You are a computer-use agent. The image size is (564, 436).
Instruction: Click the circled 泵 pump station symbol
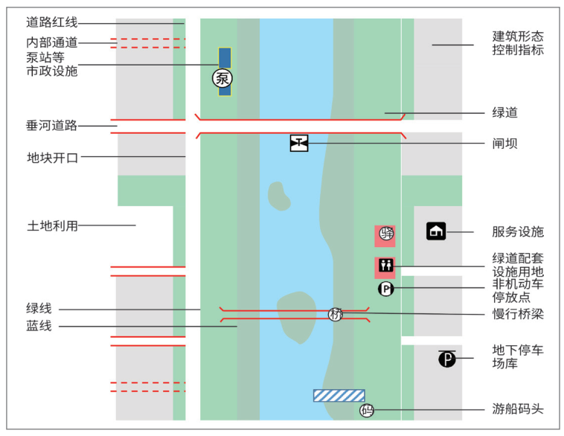tap(222, 78)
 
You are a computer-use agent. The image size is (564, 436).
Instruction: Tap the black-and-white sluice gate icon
tap(299, 143)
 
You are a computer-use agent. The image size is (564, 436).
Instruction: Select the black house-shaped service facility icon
tap(436, 231)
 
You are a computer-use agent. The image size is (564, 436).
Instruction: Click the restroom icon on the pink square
tap(386, 266)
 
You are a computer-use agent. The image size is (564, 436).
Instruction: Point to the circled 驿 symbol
tap(387, 234)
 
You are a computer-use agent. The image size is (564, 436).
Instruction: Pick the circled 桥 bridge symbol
tap(336, 315)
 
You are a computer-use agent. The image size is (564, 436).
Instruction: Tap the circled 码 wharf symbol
tap(367, 410)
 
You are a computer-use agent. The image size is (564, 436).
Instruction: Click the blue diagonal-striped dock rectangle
tap(339, 395)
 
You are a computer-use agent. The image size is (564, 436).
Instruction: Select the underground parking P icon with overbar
tap(447, 359)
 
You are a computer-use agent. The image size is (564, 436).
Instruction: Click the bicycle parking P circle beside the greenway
tap(386, 289)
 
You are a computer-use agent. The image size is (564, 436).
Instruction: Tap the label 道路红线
tap(52, 22)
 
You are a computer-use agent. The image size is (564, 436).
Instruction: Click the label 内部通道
tap(52, 42)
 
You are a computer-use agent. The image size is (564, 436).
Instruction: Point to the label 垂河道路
tap(52, 126)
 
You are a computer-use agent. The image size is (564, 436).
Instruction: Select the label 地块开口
tap(53, 158)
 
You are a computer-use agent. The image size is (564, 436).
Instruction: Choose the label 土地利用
tap(53, 226)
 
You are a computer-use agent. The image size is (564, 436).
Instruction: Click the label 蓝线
tap(39, 326)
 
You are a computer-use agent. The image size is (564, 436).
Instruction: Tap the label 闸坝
tap(505, 144)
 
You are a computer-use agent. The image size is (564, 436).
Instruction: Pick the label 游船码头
tap(518, 409)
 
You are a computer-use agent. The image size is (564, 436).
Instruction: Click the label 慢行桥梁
tap(518, 314)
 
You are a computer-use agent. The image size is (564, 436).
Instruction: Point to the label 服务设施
tap(518, 231)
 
